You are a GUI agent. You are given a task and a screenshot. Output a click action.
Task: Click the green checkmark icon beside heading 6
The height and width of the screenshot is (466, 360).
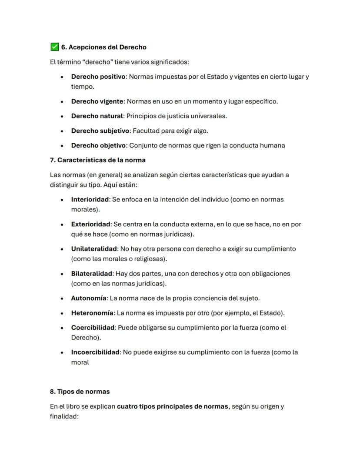coord(54,47)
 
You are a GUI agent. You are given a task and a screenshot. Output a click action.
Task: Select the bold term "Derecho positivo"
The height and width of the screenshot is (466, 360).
coord(98,77)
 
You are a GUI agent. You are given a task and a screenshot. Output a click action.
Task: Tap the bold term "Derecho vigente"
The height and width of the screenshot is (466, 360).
coord(97,101)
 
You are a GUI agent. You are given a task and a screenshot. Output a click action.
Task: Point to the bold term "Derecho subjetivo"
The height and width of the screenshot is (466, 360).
coord(100,131)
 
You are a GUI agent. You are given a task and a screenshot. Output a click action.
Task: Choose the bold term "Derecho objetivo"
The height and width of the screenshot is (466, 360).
coord(99,145)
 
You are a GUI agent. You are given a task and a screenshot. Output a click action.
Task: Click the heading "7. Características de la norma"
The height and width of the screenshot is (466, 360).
coord(97,160)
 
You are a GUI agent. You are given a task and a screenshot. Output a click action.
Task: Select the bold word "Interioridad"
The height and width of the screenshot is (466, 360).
coord(90,199)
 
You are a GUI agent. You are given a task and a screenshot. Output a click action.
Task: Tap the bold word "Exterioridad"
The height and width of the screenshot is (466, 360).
coord(90,224)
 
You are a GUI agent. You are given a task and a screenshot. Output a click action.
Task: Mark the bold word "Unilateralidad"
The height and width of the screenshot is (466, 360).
coord(94,249)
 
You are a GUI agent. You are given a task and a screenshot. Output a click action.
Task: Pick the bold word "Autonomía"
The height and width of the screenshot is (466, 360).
coord(88,298)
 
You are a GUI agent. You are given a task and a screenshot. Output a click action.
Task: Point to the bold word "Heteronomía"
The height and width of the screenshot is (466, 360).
coord(92,313)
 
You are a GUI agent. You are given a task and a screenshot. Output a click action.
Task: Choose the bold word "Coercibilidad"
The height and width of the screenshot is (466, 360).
coord(93,328)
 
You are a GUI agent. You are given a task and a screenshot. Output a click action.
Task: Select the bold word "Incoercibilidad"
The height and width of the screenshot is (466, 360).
coord(95,352)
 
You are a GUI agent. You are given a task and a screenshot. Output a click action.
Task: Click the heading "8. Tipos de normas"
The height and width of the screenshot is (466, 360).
coord(80,392)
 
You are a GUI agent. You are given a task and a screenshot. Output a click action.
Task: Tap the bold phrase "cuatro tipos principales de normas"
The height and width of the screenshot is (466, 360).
coord(173,406)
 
